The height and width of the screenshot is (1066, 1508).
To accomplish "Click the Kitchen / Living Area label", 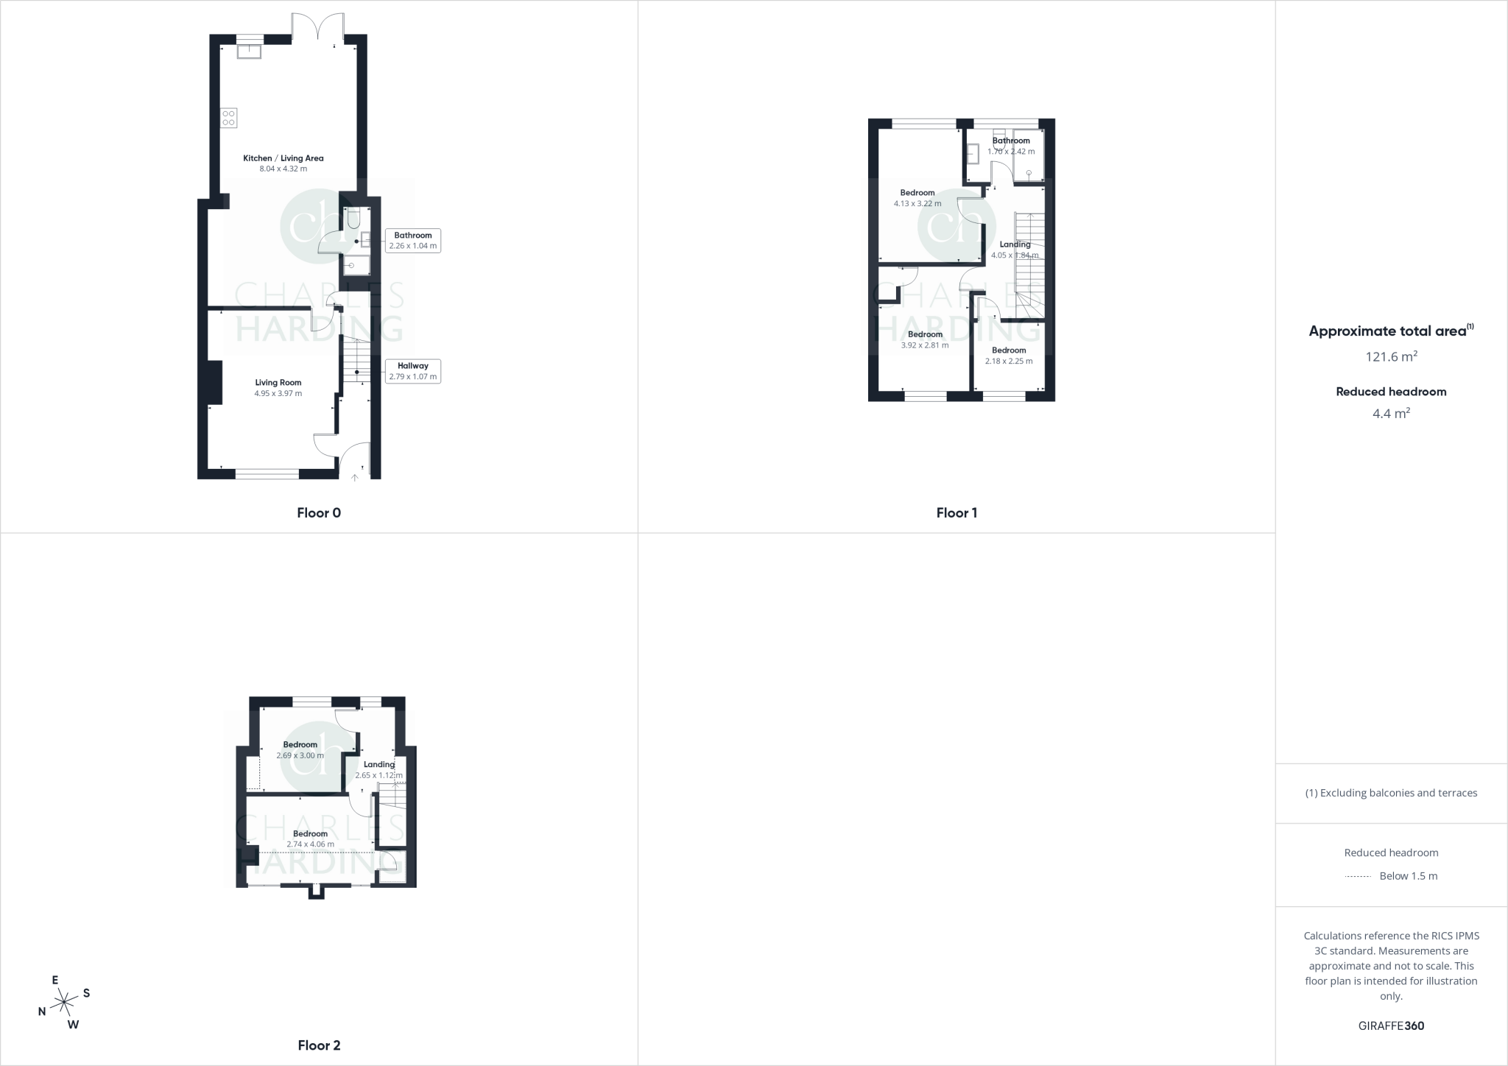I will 283,158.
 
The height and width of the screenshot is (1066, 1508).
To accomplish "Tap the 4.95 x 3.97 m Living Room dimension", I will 278,394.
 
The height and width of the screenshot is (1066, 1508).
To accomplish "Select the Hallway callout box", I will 412,371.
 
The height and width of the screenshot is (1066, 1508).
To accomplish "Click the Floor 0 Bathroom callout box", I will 412,241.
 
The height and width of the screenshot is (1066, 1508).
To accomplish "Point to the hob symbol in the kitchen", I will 228,118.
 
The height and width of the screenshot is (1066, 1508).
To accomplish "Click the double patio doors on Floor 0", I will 318,28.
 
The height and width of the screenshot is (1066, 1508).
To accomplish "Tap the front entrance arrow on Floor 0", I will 354,478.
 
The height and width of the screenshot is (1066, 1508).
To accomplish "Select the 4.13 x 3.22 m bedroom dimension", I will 917,204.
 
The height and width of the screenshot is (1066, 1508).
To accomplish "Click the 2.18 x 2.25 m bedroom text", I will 1009,361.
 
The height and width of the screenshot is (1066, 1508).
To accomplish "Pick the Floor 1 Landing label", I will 1015,244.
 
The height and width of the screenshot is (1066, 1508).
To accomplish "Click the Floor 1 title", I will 956,513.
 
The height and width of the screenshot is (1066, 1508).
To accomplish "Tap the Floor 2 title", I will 319,1045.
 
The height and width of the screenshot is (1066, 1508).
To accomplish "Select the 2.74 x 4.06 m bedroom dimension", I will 310,844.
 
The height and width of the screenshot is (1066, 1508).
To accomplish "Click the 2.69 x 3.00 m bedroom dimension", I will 300,755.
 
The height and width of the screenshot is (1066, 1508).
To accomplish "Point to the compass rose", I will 65,1001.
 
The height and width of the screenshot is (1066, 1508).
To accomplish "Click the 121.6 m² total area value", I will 1391,357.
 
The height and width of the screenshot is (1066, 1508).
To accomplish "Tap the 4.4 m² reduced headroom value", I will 1391,414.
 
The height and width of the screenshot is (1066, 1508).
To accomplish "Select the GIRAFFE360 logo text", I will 1391,1026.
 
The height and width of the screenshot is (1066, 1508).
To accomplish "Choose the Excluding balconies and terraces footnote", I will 1391,793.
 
